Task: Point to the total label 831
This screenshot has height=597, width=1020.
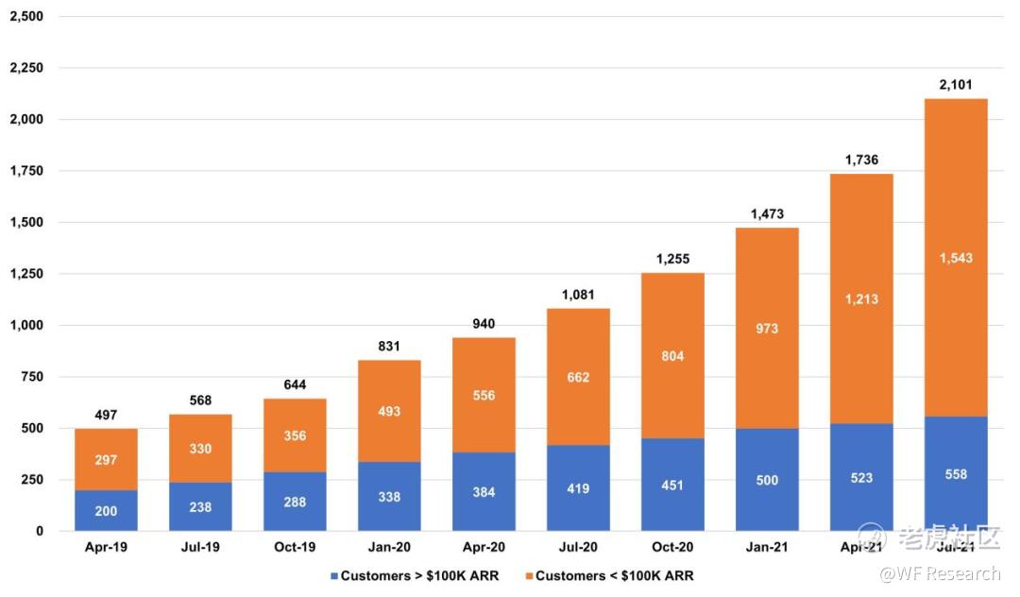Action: [x=389, y=347]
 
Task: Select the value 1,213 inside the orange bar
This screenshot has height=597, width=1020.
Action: [x=861, y=299]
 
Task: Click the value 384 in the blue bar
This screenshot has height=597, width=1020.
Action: [x=484, y=492]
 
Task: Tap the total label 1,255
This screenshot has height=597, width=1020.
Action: [x=672, y=259]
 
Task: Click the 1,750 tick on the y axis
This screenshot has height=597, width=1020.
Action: [x=25, y=171]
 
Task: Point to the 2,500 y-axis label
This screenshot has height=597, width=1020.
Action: [x=25, y=17]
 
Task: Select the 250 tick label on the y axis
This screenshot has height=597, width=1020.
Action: [x=32, y=480]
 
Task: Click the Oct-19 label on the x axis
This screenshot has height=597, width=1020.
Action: [x=295, y=547]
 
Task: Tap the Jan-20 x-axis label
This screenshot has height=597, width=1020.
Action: [x=389, y=547]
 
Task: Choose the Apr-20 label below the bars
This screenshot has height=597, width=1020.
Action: [x=484, y=547]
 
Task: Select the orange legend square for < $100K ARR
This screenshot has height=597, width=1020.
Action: [x=528, y=575]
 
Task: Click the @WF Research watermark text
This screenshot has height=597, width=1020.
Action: [x=940, y=573]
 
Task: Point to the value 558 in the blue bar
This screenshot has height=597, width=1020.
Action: [x=956, y=474]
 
